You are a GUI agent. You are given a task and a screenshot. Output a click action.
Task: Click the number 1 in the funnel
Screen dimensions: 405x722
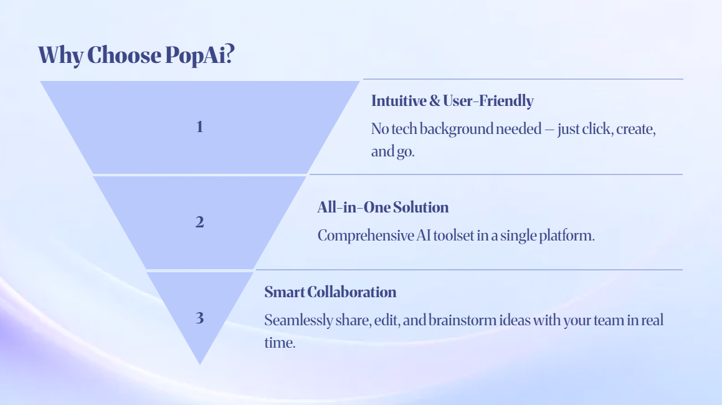tap(199, 127)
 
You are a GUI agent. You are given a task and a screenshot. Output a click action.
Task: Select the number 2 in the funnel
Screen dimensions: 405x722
tap(199, 222)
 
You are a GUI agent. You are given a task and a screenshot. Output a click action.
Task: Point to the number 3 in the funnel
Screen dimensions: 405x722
tap(199, 318)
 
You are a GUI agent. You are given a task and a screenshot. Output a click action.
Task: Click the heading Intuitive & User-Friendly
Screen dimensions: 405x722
tap(452, 100)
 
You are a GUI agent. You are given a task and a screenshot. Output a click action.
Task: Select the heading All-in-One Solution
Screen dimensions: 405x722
tap(382, 207)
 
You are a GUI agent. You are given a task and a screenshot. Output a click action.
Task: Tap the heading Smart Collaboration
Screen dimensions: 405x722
tap(330, 292)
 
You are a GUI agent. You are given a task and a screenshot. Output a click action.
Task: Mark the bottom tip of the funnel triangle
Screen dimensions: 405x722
tap(200, 363)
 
